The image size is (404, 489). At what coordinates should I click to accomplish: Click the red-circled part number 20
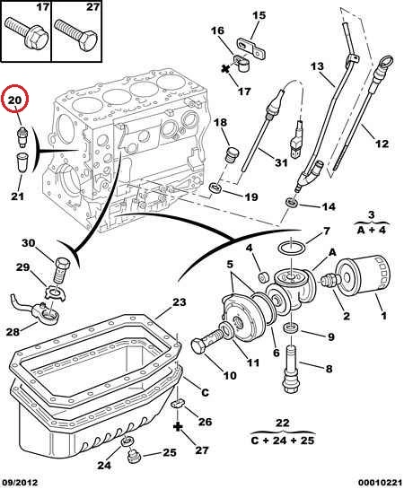[x=15, y=100]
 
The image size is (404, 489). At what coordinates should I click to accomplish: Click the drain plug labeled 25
[x=134, y=457]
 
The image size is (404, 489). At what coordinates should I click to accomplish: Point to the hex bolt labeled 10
[x=207, y=340]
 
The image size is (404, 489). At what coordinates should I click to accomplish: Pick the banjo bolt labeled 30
[x=62, y=270]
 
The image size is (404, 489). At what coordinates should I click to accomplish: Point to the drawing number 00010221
[x=380, y=483]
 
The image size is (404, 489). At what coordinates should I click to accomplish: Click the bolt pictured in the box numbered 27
[x=75, y=34]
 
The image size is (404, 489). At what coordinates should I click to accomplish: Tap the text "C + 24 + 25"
[x=283, y=441]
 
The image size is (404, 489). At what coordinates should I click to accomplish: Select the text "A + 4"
[x=372, y=231]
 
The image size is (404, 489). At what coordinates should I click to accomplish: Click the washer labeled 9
[x=291, y=327]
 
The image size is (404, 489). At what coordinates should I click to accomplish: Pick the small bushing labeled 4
[x=265, y=276]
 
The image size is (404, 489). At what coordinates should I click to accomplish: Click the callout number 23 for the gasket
[x=179, y=301]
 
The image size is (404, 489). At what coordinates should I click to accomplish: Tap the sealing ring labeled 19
[x=215, y=188]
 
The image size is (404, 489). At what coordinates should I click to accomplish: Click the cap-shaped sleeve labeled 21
[x=22, y=162]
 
